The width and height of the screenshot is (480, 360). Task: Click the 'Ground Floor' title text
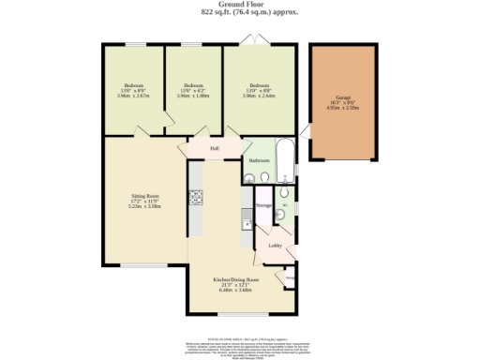point(240,6)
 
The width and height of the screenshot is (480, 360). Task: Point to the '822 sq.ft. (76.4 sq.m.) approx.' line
point(240,13)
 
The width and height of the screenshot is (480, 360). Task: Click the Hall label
point(215,148)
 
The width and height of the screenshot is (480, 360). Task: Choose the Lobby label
point(276,246)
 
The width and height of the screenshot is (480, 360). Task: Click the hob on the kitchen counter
point(197,197)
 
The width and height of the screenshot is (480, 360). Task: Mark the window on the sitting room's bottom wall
point(144,265)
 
